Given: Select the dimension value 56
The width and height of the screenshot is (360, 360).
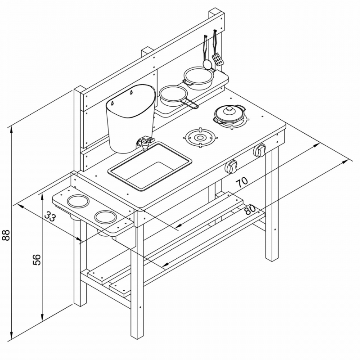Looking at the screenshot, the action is (x=37, y=260).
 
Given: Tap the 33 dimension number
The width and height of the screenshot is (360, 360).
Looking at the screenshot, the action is (x=50, y=216).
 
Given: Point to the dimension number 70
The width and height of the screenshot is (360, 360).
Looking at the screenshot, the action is (x=242, y=182).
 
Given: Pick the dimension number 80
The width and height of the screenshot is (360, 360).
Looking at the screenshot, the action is (x=250, y=209).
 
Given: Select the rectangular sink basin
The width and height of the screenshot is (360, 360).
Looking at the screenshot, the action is (x=150, y=166).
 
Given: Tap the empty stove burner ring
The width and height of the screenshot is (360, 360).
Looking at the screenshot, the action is (x=200, y=138).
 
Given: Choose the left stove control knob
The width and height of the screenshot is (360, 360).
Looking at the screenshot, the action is (x=231, y=166).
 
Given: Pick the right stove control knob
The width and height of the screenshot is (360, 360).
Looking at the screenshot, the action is (x=260, y=150).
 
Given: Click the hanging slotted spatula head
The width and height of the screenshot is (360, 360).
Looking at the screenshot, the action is (x=218, y=59).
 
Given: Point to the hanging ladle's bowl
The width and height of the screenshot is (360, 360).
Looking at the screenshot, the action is (x=207, y=64).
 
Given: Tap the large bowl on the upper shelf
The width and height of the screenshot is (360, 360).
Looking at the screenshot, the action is (x=199, y=78).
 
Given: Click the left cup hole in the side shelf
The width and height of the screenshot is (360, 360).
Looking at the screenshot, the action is (x=78, y=201).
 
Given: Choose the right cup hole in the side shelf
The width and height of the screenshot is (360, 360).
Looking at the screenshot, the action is (x=106, y=217).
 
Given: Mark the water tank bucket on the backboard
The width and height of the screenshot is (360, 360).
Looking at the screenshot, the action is (x=130, y=118).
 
